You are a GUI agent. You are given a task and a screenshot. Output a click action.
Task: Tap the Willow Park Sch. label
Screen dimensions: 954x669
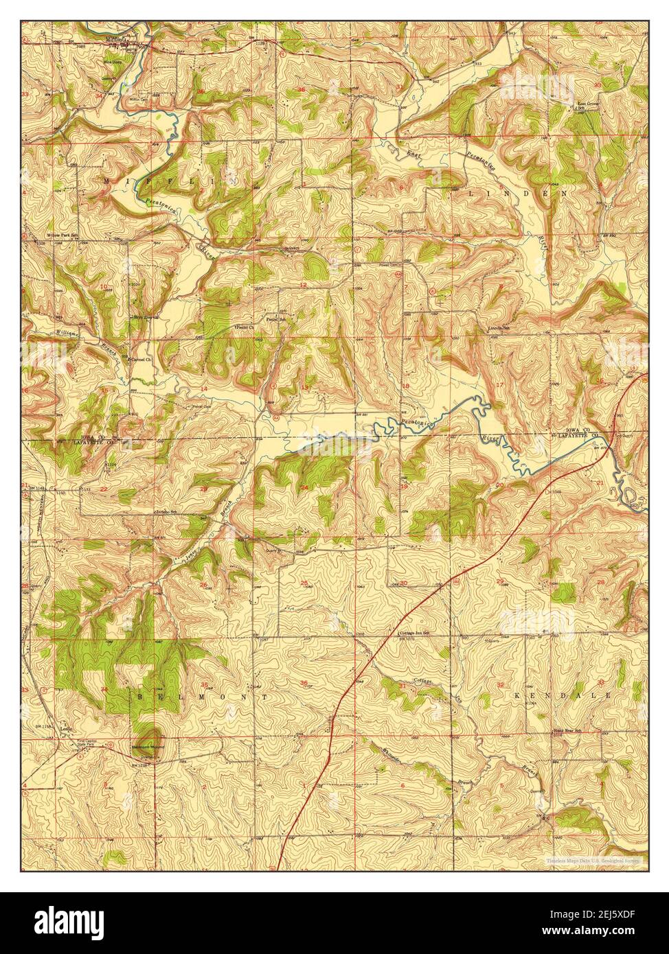59,235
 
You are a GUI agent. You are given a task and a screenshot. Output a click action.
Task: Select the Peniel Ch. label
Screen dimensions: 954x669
244,328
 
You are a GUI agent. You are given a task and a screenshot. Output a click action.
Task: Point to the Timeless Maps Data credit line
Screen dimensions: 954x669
592,859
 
